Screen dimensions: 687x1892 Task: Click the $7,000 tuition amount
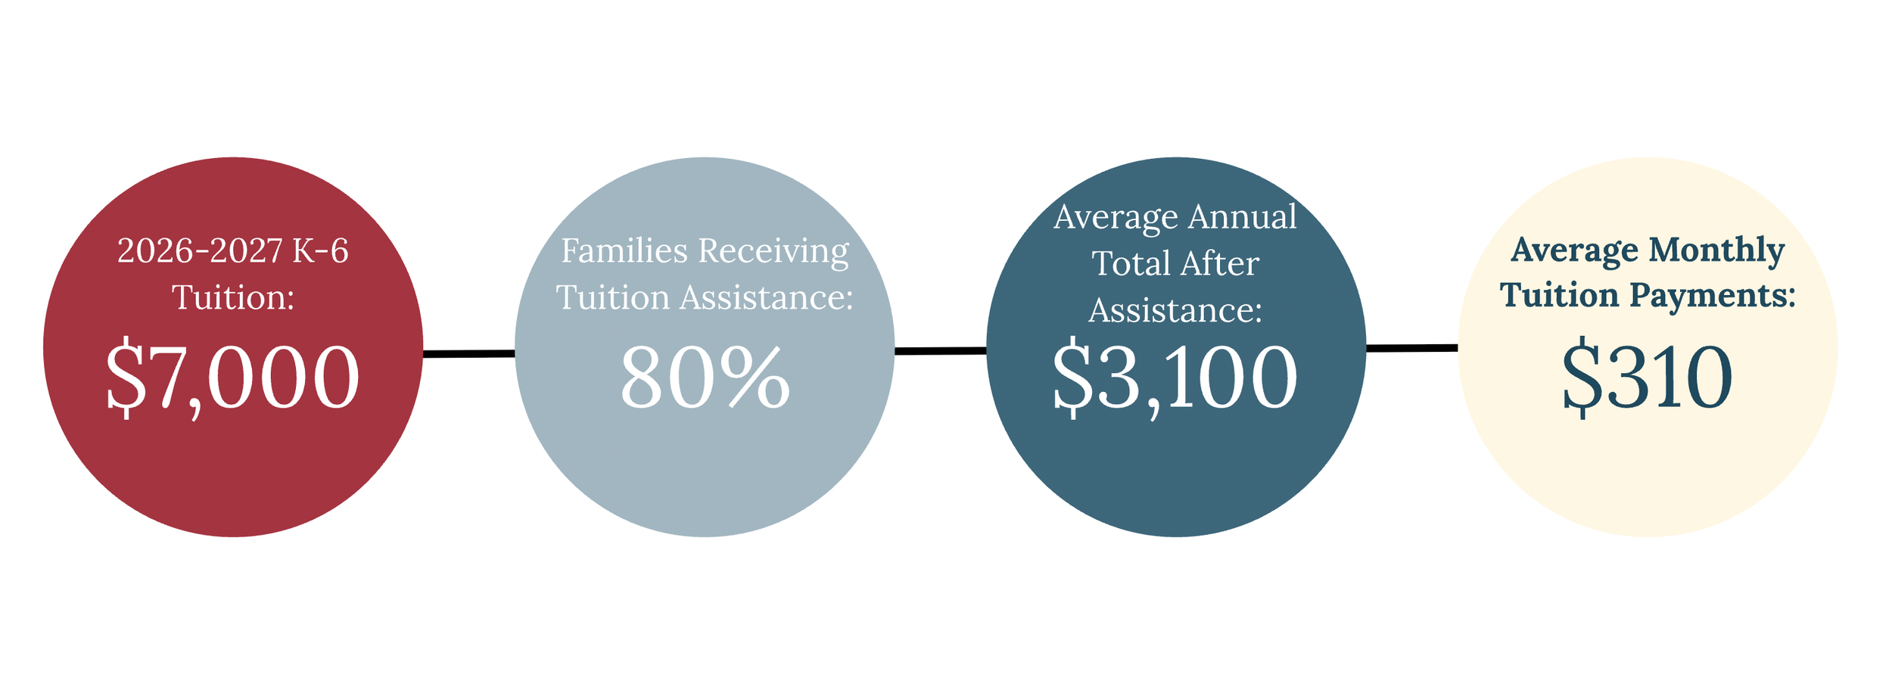pos(232,377)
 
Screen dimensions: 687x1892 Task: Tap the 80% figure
pos(705,377)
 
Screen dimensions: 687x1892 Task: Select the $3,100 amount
pos(1175,377)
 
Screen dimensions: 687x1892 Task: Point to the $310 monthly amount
pos(1647,377)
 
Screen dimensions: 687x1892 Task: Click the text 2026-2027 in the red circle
pos(200,251)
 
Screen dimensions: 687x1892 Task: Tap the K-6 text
pos(320,251)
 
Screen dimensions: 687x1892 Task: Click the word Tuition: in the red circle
pos(233,297)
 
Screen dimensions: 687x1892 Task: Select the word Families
pos(624,251)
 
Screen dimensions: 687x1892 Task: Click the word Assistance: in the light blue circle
pos(767,297)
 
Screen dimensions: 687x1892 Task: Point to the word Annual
pos(1242,217)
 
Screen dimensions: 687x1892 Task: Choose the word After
pos(1218,264)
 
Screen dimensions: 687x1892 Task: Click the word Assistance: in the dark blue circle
pos(1175,311)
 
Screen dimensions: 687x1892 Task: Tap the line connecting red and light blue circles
pos(468,353)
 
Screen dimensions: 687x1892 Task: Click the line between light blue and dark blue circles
pos(940,351)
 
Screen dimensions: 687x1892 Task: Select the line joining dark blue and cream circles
pos(1411,348)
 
